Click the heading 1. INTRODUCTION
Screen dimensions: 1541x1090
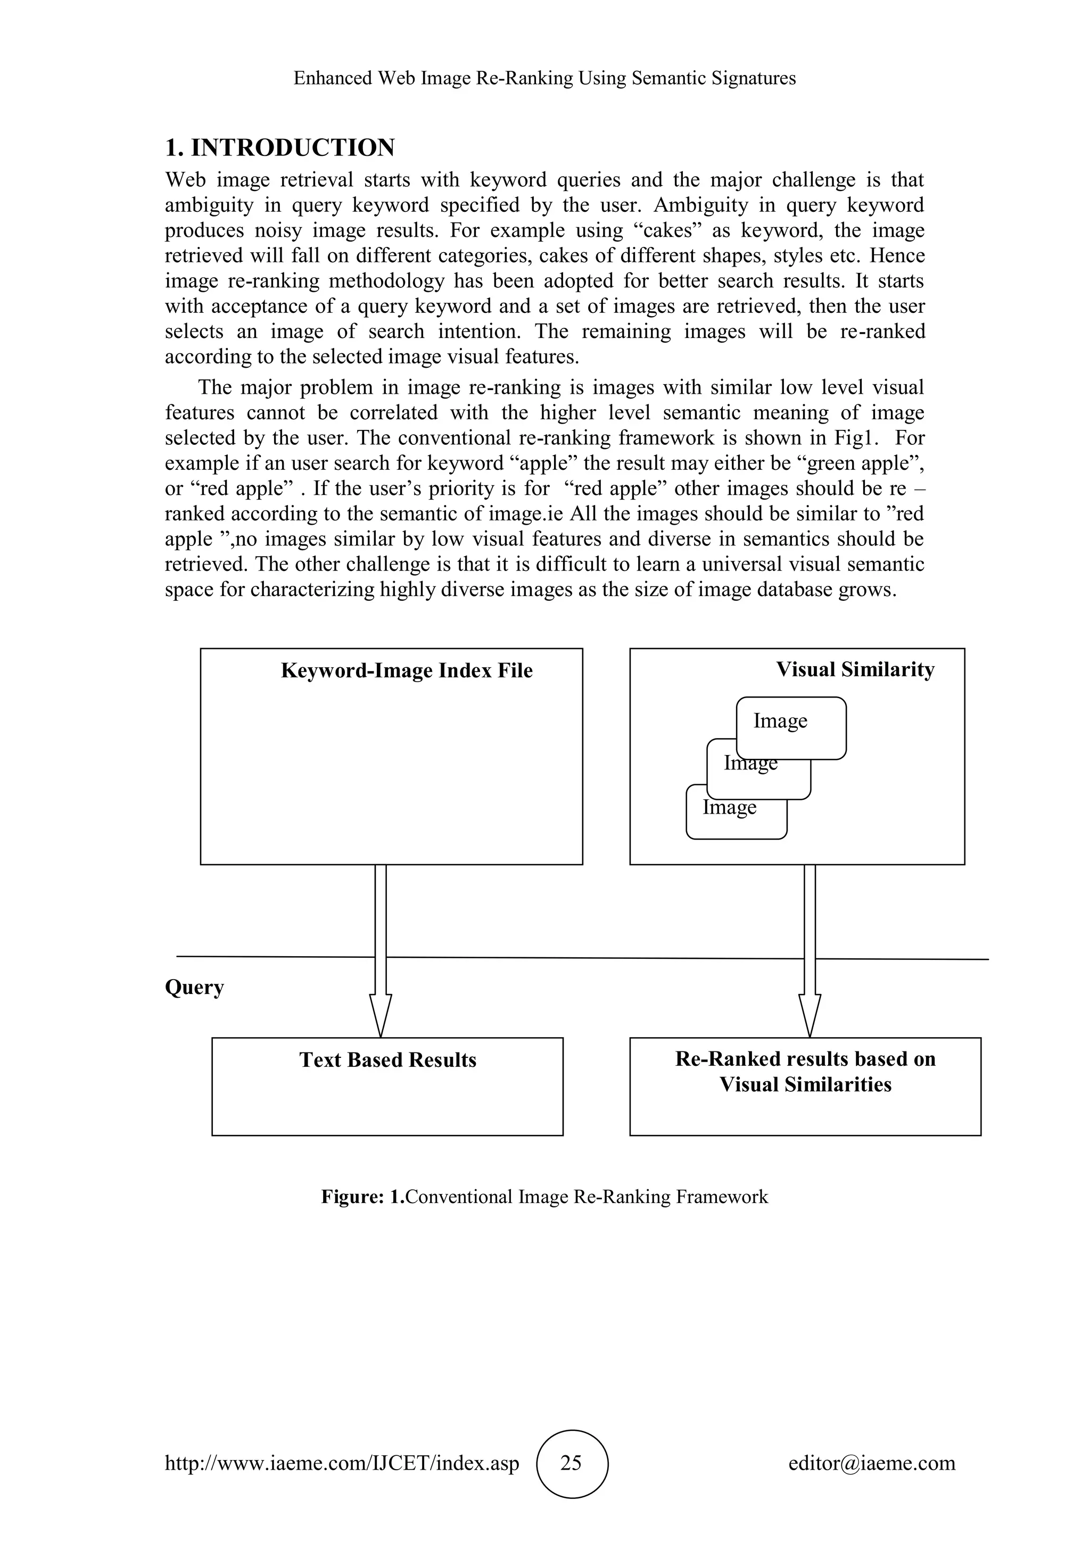280,147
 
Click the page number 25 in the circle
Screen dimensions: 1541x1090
571,1462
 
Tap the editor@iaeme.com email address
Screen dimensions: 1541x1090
871,1462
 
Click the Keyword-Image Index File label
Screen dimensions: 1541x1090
406,670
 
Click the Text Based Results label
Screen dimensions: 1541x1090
387,1060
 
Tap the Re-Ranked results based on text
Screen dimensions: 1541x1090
805,1058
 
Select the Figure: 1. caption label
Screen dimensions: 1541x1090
362,1197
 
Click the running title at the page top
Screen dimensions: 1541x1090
544,79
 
